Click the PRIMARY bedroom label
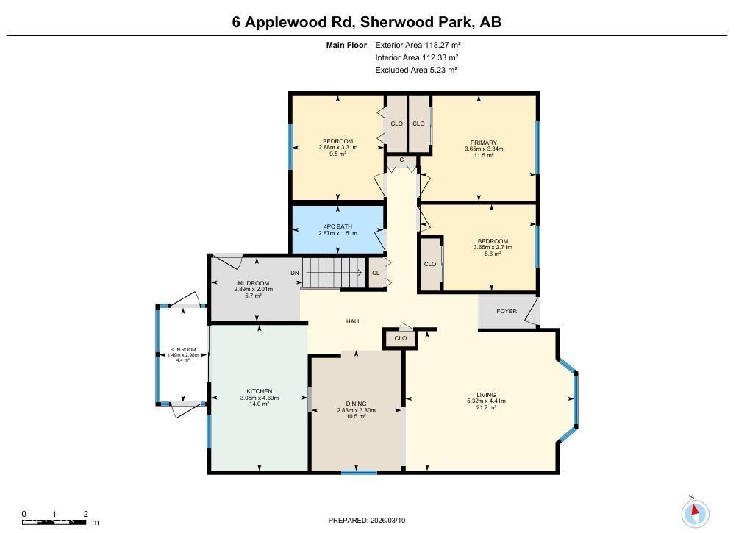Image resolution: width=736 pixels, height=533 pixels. point(484,143)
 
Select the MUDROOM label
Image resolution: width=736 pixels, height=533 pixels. point(253,283)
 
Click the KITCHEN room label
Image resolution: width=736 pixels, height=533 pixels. point(260,391)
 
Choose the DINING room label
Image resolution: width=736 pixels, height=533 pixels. point(356,404)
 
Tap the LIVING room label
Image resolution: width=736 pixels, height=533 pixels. point(486,395)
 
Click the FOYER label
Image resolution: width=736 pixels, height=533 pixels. point(507,311)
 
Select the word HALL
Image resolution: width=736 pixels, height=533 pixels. point(354,321)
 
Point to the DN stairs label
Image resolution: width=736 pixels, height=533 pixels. point(295,273)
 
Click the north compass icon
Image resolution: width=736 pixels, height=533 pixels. point(695,512)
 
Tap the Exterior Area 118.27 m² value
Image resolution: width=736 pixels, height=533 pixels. point(418,45)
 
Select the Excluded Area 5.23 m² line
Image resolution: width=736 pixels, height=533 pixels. point(416,70)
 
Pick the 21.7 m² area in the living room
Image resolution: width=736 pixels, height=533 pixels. point(486,407)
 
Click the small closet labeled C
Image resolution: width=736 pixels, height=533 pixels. point(401,160)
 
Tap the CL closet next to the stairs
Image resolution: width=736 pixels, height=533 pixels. point(376,273)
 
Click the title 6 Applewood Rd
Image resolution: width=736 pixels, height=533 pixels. point(293,22)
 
